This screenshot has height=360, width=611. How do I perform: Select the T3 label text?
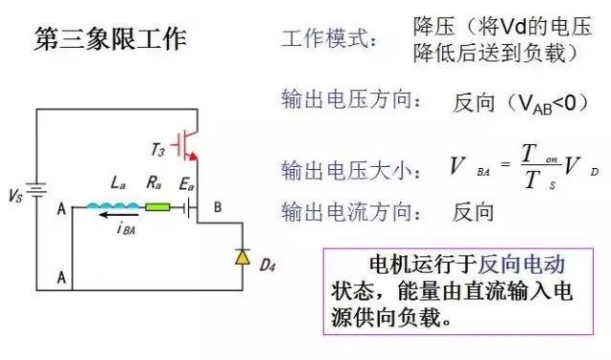point(159,151)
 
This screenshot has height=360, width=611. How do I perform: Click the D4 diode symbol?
point(242,256)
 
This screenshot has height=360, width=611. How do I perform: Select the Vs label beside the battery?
point(15,197)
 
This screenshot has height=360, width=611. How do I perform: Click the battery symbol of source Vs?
point(38,194)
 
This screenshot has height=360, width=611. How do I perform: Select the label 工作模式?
point(329,41)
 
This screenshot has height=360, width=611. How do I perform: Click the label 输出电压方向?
point(349,98)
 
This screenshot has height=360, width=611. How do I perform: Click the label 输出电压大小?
point(349,171)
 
